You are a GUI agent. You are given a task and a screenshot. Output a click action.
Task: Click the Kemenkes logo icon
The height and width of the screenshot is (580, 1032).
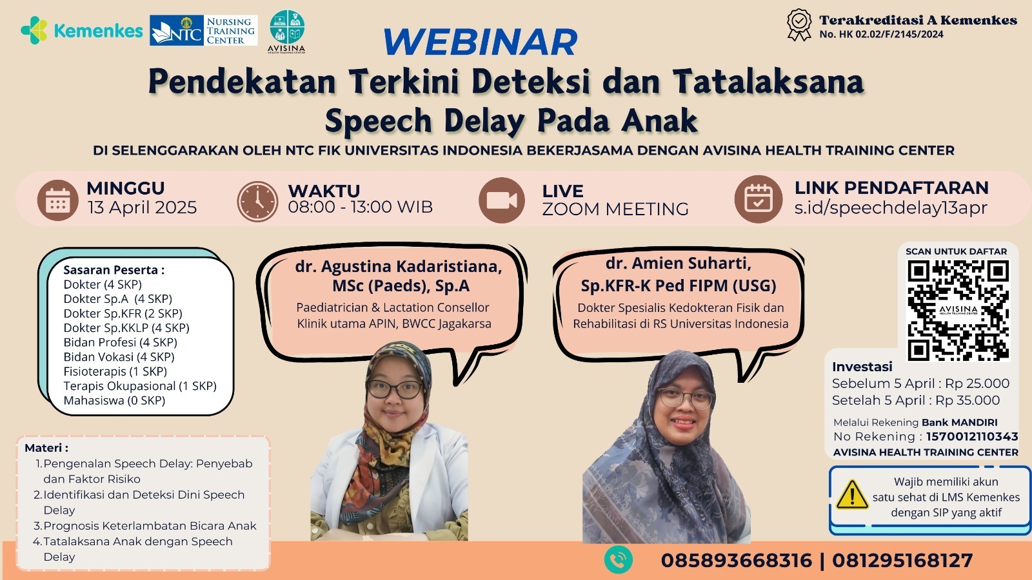34,30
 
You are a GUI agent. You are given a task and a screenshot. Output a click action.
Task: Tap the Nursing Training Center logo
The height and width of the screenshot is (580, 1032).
204,30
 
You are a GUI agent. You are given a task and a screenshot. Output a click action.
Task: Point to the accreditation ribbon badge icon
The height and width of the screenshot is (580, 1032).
799,24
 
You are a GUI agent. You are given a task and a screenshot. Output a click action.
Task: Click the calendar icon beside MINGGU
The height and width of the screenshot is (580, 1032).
57,200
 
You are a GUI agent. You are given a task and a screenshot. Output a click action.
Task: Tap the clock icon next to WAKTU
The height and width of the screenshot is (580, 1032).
257,201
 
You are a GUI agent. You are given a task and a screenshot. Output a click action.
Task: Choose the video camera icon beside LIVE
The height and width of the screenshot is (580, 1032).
502,200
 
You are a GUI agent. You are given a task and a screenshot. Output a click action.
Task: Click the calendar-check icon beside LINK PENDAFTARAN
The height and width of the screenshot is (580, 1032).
759,199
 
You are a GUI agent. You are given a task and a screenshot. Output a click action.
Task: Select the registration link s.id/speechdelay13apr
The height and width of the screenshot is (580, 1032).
891,208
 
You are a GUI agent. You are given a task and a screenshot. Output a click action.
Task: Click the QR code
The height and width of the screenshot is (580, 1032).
958,310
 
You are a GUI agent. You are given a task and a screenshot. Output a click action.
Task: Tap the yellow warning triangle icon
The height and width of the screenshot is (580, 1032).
852,495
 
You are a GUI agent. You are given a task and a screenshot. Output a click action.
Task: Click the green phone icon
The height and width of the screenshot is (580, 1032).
619,560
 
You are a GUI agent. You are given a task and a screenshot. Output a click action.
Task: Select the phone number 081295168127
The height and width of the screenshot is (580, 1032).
902,561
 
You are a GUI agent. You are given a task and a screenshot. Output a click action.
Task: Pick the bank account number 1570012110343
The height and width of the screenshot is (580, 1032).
972,436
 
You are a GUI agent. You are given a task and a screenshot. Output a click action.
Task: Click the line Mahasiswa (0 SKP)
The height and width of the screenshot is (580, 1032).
114,400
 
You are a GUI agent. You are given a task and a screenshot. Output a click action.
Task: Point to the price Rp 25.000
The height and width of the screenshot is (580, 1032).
977,383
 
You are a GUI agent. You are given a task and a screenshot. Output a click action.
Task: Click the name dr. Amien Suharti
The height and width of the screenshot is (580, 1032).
678,263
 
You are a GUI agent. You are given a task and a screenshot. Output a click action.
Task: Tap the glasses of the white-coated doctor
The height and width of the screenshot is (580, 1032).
395,389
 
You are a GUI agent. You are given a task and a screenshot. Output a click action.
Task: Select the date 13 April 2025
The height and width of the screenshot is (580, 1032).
143,208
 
